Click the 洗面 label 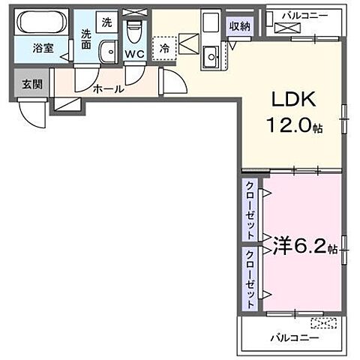[86, 39]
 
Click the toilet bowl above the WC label [134, 32]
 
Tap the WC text [135, 54]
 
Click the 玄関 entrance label [31, 83]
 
